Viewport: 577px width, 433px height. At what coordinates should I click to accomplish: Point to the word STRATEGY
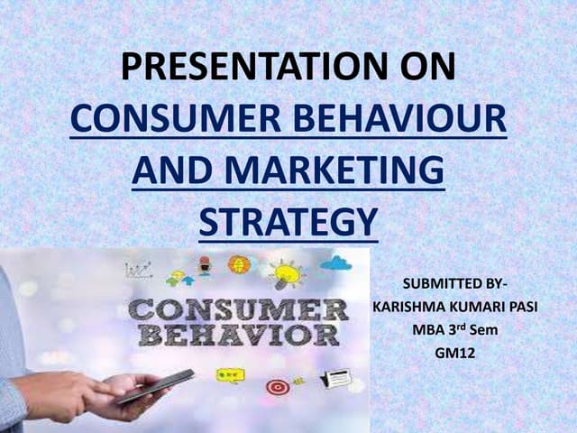pyautogui.click(x=287, y=221)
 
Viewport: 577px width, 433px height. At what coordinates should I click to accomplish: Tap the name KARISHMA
pyautogui.click(x=411, y=308)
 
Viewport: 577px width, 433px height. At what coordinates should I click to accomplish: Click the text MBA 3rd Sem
pyautogui.click(x=454, y=329)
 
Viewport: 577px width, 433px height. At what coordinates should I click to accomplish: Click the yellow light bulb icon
pyautogui.click(x=286, y=272)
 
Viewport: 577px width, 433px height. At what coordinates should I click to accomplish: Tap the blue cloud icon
pyautogui.click(x=335, y=263)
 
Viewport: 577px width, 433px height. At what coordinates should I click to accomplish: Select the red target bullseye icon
pyautogui.click(x=279, y=386)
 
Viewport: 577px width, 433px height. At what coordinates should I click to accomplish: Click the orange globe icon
pyautogui.click(x=239, y=265)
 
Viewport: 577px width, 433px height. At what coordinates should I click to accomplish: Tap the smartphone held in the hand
pyautogui.click(x=154, y=385)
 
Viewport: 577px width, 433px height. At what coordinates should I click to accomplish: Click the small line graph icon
pyautogui.click(x=138, y=269)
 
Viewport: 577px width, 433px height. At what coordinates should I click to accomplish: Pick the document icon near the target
pyautogui.click(x=334, y=378)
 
